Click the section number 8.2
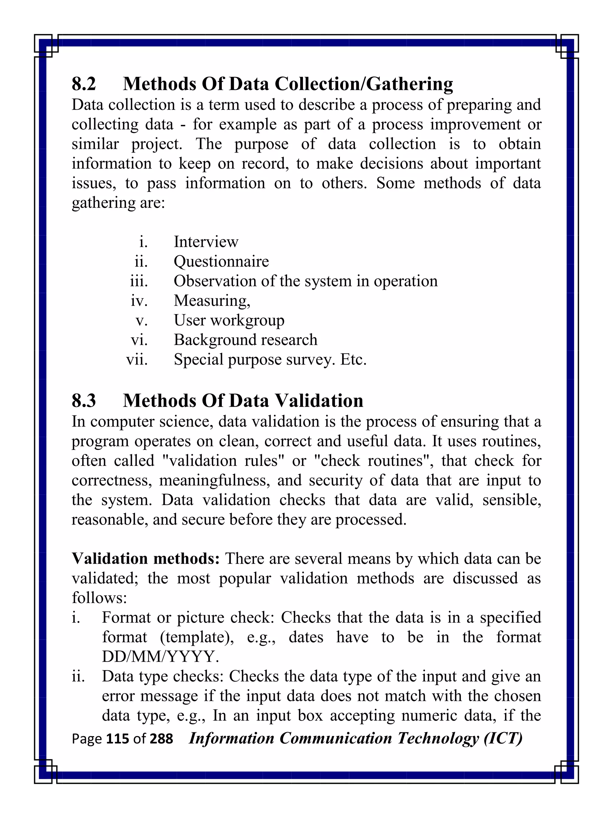(84, 84)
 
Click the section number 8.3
(84, 401)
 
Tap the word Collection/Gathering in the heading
(364, 84)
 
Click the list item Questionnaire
(221, 262)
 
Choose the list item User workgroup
(229, 320)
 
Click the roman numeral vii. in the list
(137, 359)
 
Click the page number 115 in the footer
(118, 739)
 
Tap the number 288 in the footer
(161, 739)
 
